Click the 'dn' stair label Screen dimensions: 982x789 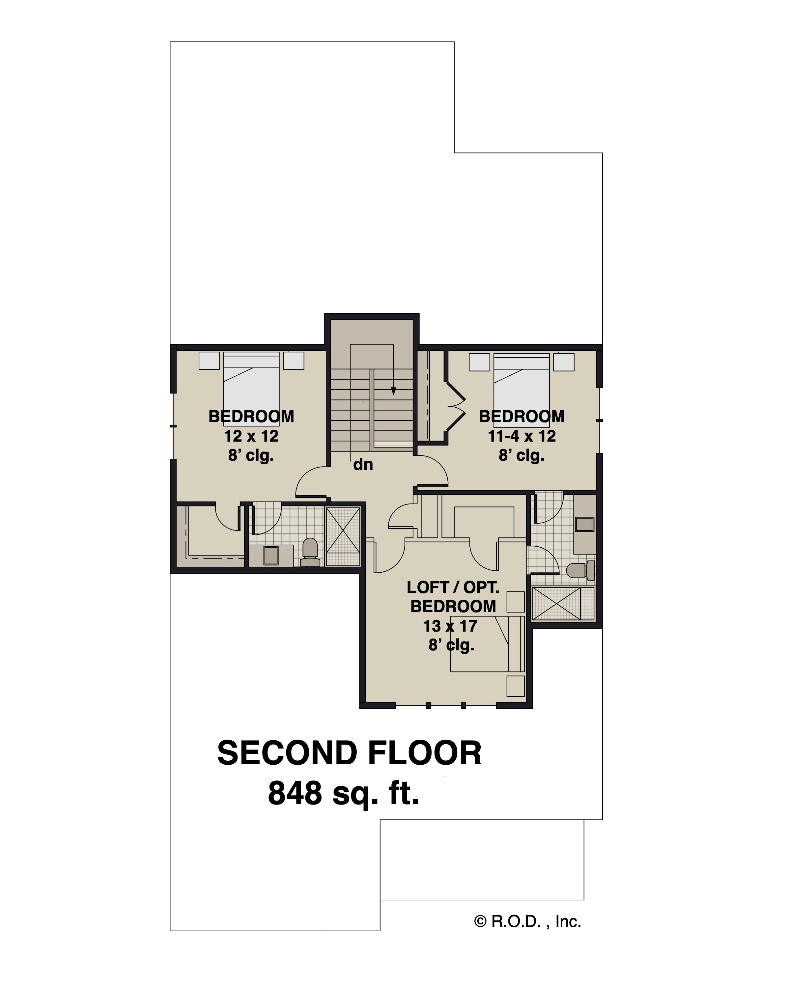pos(363,465)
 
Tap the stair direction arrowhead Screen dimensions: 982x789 pos(393,391)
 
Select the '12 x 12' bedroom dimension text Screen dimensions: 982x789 pos(251,436)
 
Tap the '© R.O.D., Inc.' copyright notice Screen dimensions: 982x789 pos(527,921)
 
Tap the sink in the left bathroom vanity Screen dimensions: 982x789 pos(271,555)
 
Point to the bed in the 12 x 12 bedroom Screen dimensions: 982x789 pos(251,387)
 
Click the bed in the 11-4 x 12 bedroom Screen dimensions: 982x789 pos(521,387)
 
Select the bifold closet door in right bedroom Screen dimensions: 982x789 pos(456,405)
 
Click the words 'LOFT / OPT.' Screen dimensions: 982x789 pos(453,587)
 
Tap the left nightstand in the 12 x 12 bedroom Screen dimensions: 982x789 pos(209,360)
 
